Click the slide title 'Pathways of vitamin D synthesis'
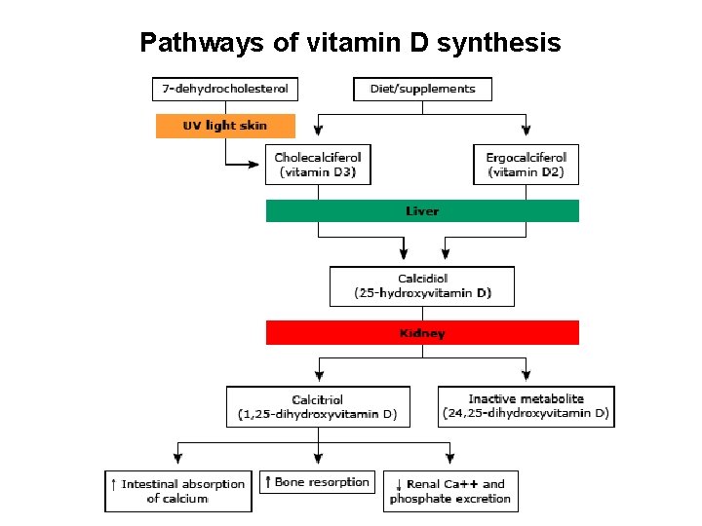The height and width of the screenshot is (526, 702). [x=350, y=43]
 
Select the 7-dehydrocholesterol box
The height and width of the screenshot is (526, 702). [x=225, y=89]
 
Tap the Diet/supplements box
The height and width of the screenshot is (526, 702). [x=422, y=89]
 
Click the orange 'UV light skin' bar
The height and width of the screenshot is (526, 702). [x=225, y=126]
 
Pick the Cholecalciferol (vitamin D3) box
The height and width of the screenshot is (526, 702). [x=318, y=165]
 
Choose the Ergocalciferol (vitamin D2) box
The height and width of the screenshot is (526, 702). [x=526, y=165]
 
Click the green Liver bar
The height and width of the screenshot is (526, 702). [x=422, y=210]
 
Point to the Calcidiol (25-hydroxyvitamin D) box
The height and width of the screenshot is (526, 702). [x=422, y=285]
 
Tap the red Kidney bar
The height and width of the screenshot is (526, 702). [x=422, y=333]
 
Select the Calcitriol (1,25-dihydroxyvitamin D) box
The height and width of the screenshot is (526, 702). [x=318, y=406]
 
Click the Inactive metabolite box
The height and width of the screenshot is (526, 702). [x=526, y=406]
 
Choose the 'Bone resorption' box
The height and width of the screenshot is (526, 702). [x=317, y=482]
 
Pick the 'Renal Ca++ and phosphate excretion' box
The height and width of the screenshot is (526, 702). [x=450, y=491]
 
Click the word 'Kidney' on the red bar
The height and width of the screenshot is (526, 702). [x=422, y=333]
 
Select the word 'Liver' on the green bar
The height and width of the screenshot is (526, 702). [x=422, y=210]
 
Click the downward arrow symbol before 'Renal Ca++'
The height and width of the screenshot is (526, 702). [x=399, y=484]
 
